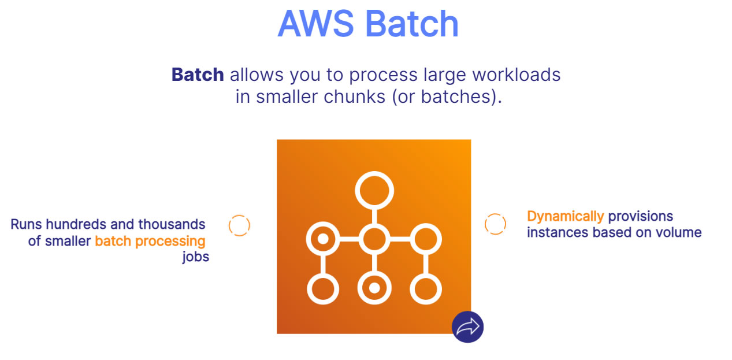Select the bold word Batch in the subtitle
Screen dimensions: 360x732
[x=198, y=75]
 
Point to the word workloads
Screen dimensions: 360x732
[x=516, y=75]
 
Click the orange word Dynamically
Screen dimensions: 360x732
[x=565, y=217]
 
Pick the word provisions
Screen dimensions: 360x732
[x=640, y=217]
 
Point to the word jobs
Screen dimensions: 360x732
[x=195, y=257]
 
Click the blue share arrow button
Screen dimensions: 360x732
[x=467, y=327]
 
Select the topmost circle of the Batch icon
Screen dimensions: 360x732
[x=374, y=190]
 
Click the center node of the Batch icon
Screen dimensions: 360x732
[x=374, y=238]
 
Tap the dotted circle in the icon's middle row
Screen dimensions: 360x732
[x=323, y=238]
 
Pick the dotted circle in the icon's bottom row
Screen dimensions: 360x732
[x=374, y=287]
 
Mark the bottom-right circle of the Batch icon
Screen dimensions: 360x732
[x=425, y=288]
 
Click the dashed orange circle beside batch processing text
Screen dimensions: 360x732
[x=239, y=225]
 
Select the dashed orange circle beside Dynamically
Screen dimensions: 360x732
[x=495, y=224]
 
